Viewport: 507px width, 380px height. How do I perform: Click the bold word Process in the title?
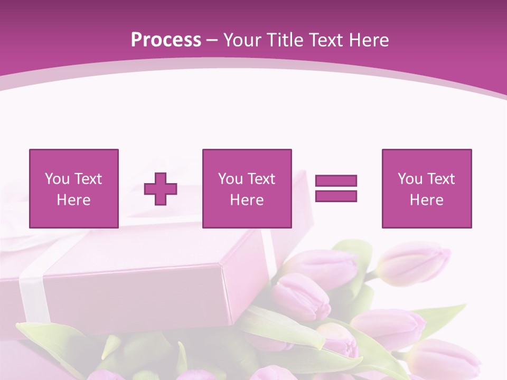tap(166, 40)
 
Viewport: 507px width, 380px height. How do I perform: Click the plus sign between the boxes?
tap(161, 189)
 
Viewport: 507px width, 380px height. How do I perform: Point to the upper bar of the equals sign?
tap(336, 180)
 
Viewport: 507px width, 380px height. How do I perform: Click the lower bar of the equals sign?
tap(336, 196)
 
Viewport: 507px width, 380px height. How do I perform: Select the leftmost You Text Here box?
tap(74, 188)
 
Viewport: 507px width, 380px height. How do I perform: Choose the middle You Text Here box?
tap(247, 188)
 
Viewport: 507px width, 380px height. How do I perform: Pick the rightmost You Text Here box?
tap(427, 188)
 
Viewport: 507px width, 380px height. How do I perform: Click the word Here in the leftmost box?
tap(74, 200)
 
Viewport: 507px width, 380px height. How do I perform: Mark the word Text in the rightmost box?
tap(440, 179)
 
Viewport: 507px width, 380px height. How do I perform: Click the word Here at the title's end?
tap(369, 40)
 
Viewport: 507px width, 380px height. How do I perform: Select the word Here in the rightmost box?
tap(427, 200)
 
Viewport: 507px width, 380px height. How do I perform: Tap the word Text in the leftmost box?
tap(88, 179)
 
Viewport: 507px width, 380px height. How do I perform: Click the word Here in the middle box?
tap(247, 200)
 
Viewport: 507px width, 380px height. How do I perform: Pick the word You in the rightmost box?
tap(410, 179)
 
